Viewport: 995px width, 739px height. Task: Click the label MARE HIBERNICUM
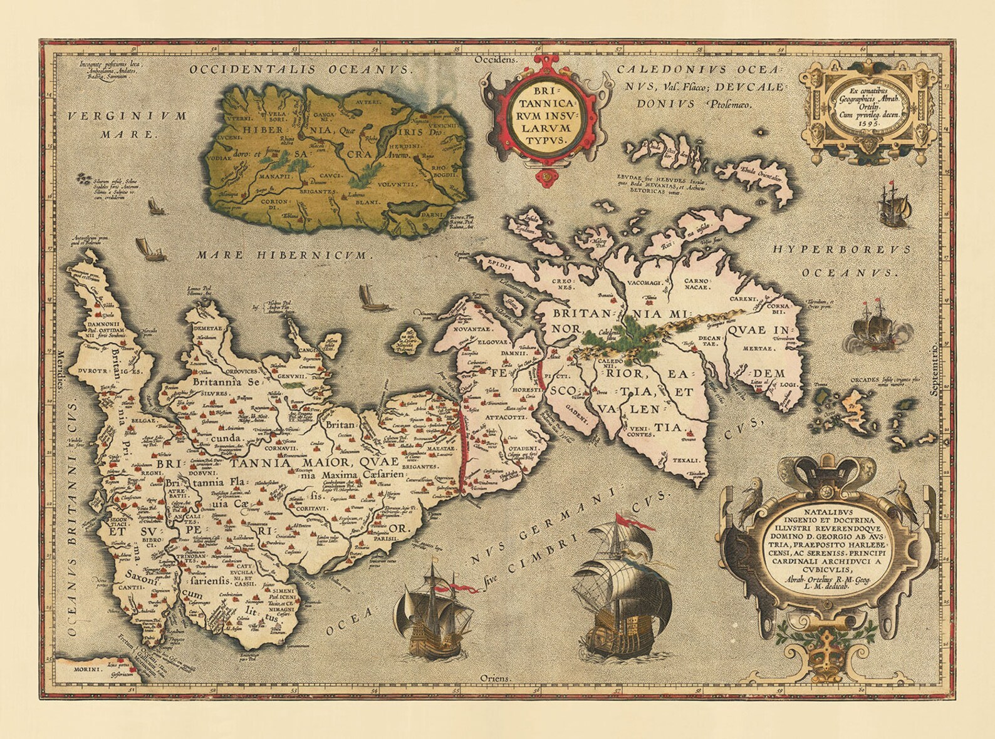pyautogui.click(x=283, y=256)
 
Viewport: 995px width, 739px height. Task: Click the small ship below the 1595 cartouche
pyautogui.click(x=893, y=205)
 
